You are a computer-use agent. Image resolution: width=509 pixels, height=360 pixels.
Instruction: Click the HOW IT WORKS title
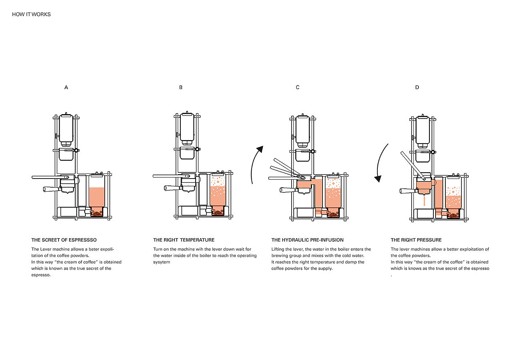click(x=31, y=14)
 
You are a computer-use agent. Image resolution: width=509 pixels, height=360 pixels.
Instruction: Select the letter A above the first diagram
click(x=66, y=88)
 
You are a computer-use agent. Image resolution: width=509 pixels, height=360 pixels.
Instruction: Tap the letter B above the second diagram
click(x=181, y=88)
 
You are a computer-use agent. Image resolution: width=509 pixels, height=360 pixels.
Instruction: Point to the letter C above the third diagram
click(x=298, y=88)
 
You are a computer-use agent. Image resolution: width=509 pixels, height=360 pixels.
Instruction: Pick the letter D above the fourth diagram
click(x=417, y=88)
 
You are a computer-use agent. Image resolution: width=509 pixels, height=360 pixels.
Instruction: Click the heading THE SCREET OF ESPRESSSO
click(x=64, y=240)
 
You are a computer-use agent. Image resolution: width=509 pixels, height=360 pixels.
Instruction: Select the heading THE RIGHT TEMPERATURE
click(x=184, y=240)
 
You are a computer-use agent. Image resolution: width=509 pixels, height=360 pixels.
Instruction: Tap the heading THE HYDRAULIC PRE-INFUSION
click(x=308, y=240)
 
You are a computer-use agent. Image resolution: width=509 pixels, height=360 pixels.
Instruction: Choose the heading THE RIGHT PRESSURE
click(x=416, y=240)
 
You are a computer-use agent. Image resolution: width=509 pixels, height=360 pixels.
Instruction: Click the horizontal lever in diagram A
click(x=50, y=177)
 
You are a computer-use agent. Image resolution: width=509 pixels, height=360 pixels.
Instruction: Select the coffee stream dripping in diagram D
click(x=424, y=201)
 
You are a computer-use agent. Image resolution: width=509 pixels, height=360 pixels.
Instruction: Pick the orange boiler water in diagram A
click(x=97, y=197)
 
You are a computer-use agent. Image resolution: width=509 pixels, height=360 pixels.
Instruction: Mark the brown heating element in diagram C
click(x=333, y=214)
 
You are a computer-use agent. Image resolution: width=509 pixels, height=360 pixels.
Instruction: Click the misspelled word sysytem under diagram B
click(x=161, y=262)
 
